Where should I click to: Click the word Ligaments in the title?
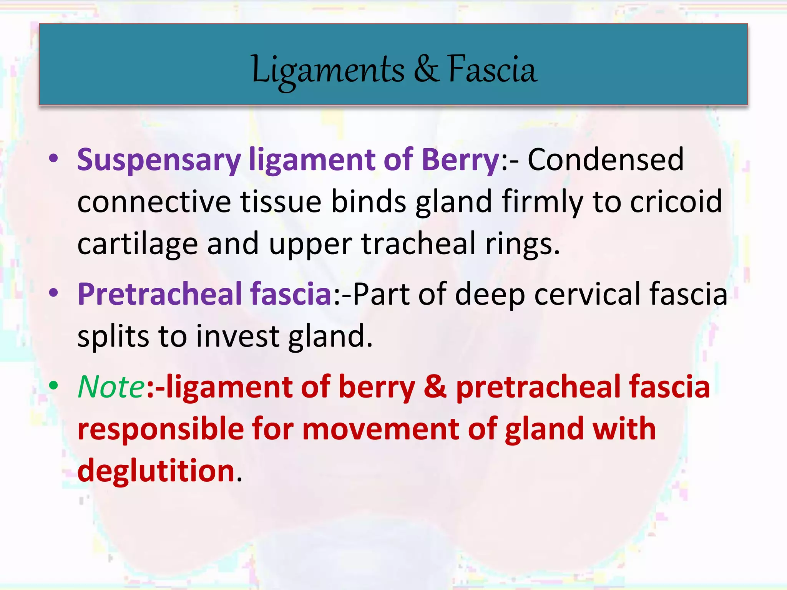(x=328, y=70)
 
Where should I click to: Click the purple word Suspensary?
(x=159, y=161)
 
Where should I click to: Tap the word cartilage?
(x=137, y=245)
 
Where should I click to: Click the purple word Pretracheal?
(x=159, y=294)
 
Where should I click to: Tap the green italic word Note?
(x=111, y=387)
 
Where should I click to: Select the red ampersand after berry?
(x=435, y=387)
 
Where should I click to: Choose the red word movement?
(x=380, y=429)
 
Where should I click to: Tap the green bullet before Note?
(x=54, y=385)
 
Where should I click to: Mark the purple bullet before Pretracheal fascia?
(x=54, y=293)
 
